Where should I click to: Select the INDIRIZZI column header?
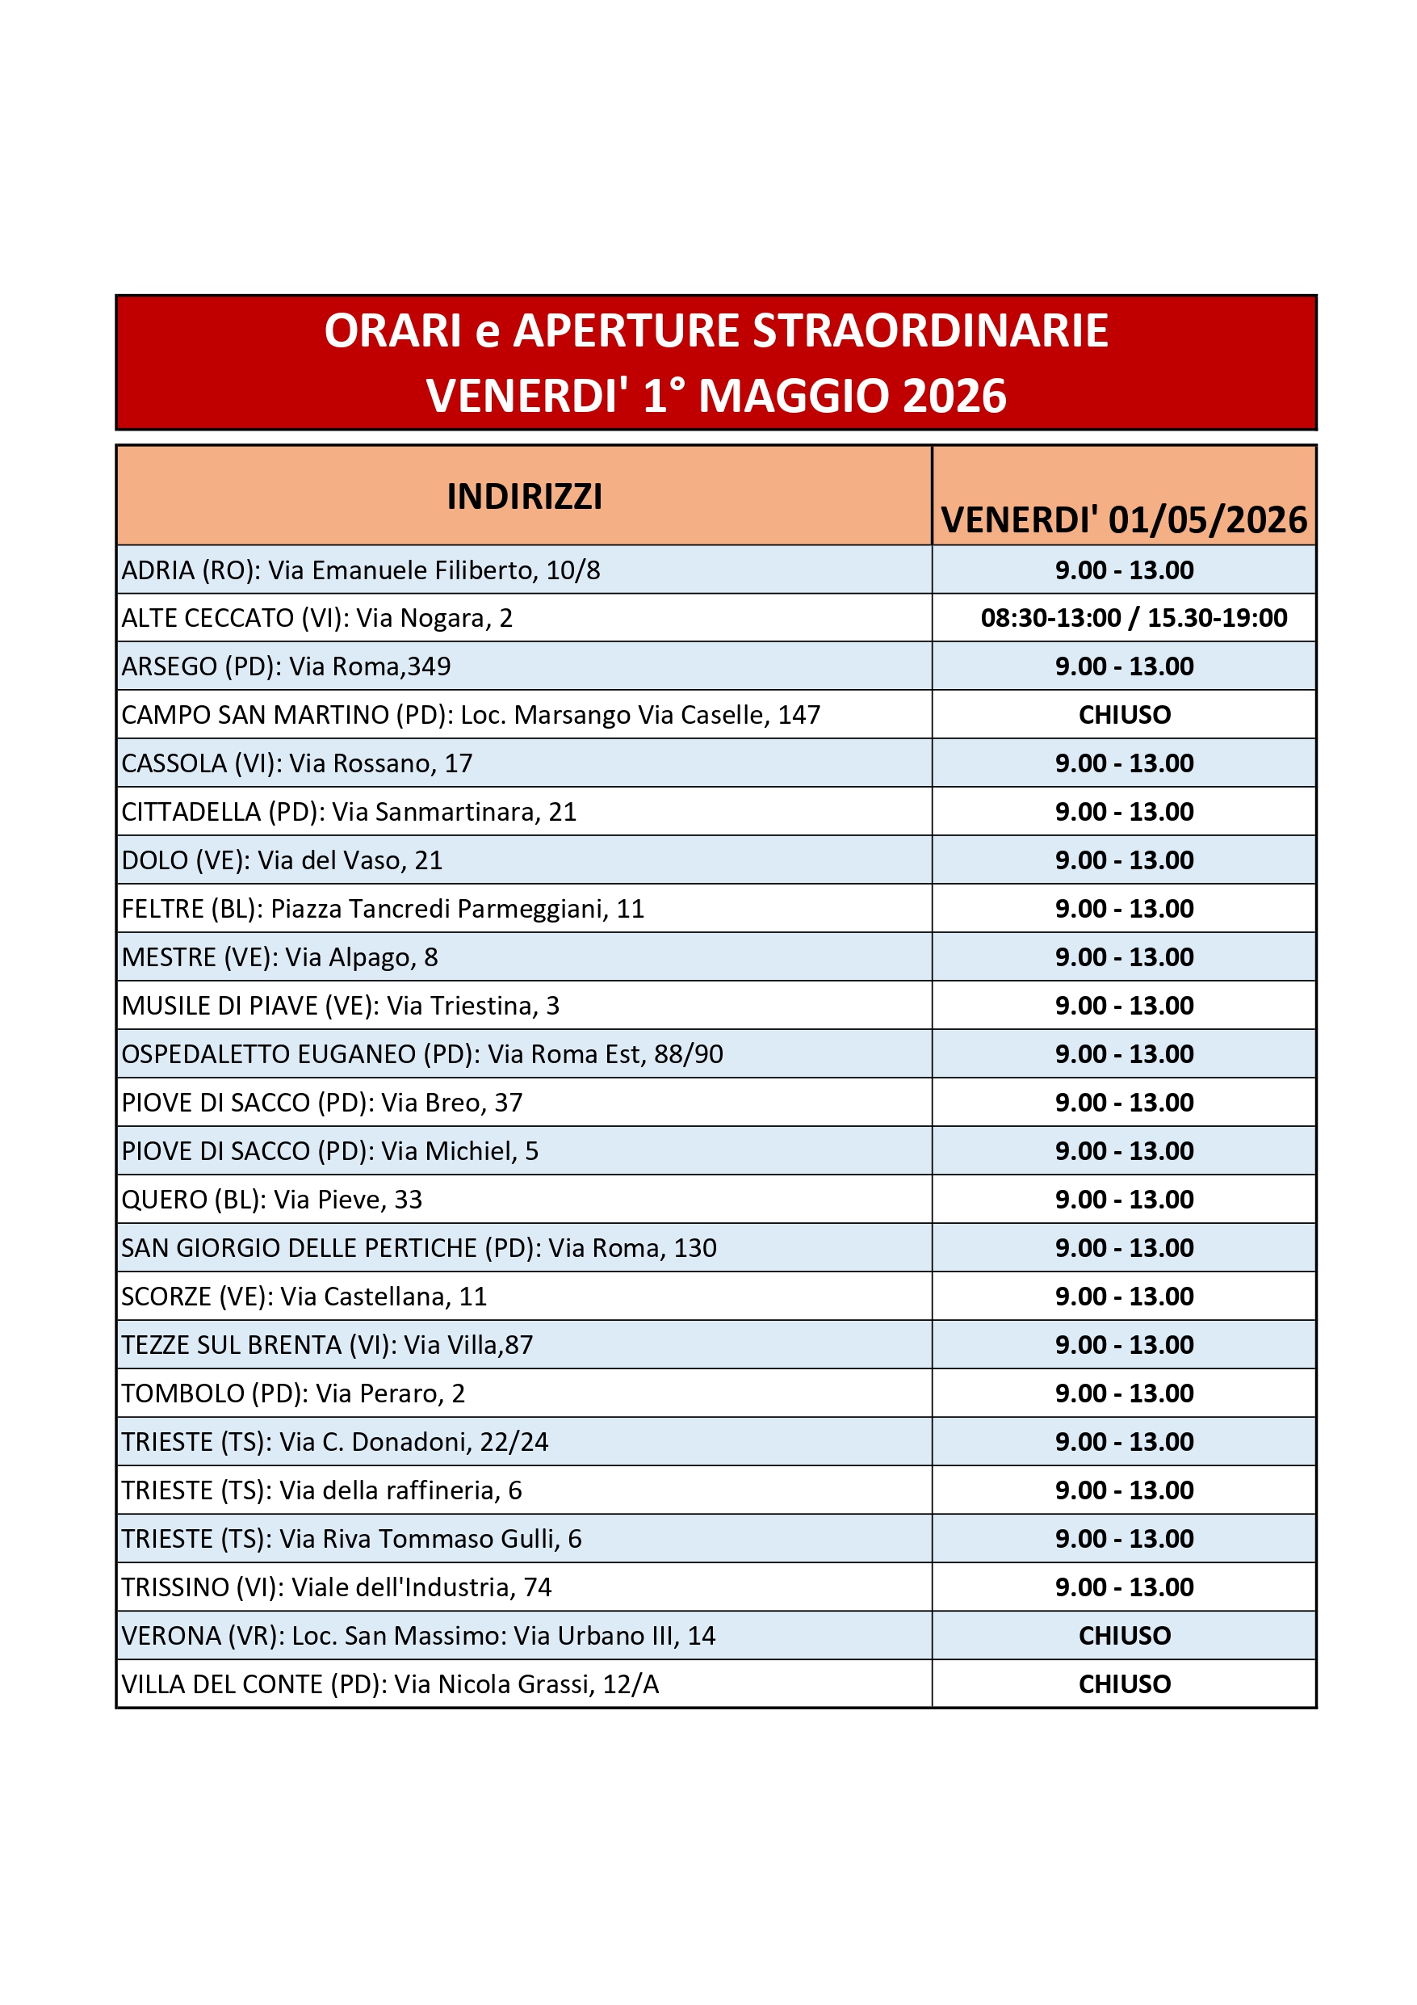524,496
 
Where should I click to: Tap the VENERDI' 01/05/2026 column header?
1124,519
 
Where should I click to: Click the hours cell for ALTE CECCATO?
1134,617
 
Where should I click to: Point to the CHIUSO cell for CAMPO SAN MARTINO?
1125,714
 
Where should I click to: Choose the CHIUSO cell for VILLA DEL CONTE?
1125,1683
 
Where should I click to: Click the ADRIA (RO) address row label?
361,570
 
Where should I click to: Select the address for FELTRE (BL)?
383,908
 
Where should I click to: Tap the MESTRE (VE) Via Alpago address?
279,957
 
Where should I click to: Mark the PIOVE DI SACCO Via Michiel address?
329,1151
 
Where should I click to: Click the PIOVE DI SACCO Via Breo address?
321,1102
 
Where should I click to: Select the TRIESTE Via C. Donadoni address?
334,1442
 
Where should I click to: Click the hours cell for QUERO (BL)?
1124,1199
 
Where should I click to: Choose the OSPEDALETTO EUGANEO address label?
421,1054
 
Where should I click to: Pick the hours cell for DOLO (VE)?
1124,860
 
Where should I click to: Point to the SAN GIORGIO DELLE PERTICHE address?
418,1248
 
